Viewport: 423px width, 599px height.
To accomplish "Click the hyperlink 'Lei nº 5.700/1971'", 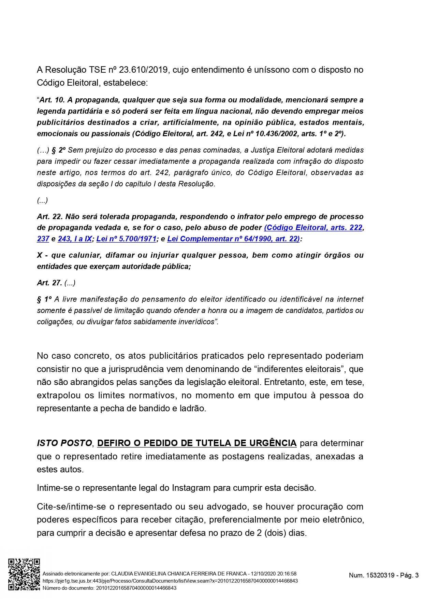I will pyautogui.click(x=126, y=239).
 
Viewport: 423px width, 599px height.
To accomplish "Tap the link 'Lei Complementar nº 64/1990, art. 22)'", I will pyautogui.click(x=233, y=239).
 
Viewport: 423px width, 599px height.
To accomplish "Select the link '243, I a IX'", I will pyautogui.click(x=75, y=239).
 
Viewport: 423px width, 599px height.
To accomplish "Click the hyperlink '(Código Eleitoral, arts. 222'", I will pyautogui.click(x=313, y=228).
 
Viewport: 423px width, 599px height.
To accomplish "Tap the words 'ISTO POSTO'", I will pyautogui.click(x=64, y=443).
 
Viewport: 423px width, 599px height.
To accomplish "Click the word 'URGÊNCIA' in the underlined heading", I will pyautogui.click(x=273, y=443).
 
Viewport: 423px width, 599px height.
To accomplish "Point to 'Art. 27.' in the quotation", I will pyautogui.click(x=49, y=283).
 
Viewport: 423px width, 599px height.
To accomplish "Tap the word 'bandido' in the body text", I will pyautogui.click(x=155, y=409).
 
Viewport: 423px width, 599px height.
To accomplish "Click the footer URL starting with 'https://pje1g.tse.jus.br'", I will pyautogui.click(x=170, y=581).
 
